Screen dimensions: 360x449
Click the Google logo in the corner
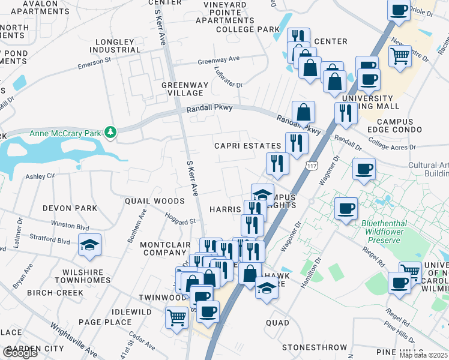[x=20, y=353]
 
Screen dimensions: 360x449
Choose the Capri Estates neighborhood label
[x=248, y=146]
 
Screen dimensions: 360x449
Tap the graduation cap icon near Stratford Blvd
[x=90, y=245]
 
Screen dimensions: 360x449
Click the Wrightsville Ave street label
[x=73, y=340]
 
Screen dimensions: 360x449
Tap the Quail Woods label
[x=154, y=201]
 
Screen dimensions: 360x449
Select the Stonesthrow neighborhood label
[x=315, y=347]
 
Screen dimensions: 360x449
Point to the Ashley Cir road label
[x=40, y=176]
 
